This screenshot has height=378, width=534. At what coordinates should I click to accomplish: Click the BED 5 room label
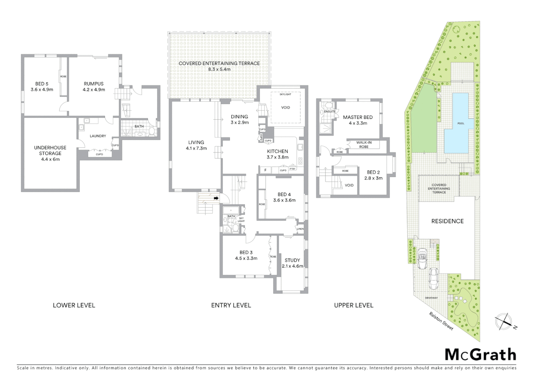point(42,84)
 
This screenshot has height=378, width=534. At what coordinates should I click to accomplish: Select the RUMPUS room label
point(94,84)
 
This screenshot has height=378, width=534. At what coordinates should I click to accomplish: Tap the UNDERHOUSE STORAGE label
point(50,150)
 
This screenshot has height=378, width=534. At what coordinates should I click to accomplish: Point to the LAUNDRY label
point(98,136)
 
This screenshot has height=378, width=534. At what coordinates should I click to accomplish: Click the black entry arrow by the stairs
point(216,198)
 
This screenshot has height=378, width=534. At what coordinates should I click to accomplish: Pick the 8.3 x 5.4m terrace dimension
point(219,69)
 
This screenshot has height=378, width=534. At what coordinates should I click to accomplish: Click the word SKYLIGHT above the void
point(285,94)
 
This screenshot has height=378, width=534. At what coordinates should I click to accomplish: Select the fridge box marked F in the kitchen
point(266,170)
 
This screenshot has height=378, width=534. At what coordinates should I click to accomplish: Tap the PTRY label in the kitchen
point(293,169)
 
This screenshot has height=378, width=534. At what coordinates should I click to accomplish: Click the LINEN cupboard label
point(300,229)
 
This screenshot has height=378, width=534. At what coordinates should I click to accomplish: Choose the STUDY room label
point(292,260)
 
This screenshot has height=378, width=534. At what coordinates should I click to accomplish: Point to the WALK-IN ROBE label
point(364,145)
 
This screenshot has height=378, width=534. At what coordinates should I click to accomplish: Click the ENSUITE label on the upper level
point(330,112)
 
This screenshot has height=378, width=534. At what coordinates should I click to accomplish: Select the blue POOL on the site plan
point(460,124)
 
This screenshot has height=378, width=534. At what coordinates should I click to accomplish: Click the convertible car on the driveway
point(422,258)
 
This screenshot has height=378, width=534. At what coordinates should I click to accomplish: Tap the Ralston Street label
point(441,321)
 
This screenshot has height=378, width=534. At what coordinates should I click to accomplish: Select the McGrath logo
point(480,355)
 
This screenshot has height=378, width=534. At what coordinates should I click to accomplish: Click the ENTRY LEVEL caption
point(231,305)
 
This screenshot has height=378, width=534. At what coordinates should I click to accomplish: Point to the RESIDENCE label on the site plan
point(447,221)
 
